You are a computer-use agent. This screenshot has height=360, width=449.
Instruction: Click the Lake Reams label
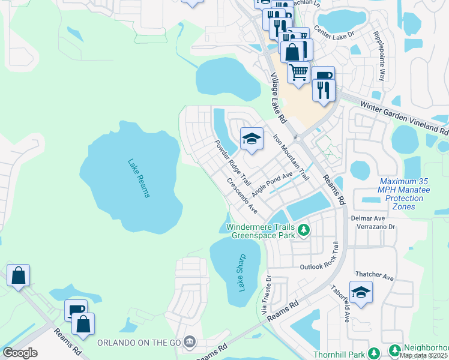point(139,178)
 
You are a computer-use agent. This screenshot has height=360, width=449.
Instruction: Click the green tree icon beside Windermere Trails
point(304,229)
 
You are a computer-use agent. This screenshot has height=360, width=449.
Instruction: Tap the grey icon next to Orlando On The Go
point(190,342)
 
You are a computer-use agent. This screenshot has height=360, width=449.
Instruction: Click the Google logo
point(20,353)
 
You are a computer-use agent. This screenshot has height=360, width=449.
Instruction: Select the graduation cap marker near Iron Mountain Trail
point(252,139)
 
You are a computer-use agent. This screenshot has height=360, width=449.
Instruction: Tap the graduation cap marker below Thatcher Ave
point(361,292)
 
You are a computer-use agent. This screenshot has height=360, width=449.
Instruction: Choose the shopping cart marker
point(298,73)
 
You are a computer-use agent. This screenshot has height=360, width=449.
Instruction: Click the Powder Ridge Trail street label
point(232,162)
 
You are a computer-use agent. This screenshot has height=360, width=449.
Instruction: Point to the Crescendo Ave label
point(242,196)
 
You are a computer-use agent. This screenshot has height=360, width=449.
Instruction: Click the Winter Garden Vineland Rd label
point(404,116)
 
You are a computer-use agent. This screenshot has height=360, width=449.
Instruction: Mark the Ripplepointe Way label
point(381,57)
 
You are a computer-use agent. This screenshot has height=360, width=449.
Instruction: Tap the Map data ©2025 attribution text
point(424,355)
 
